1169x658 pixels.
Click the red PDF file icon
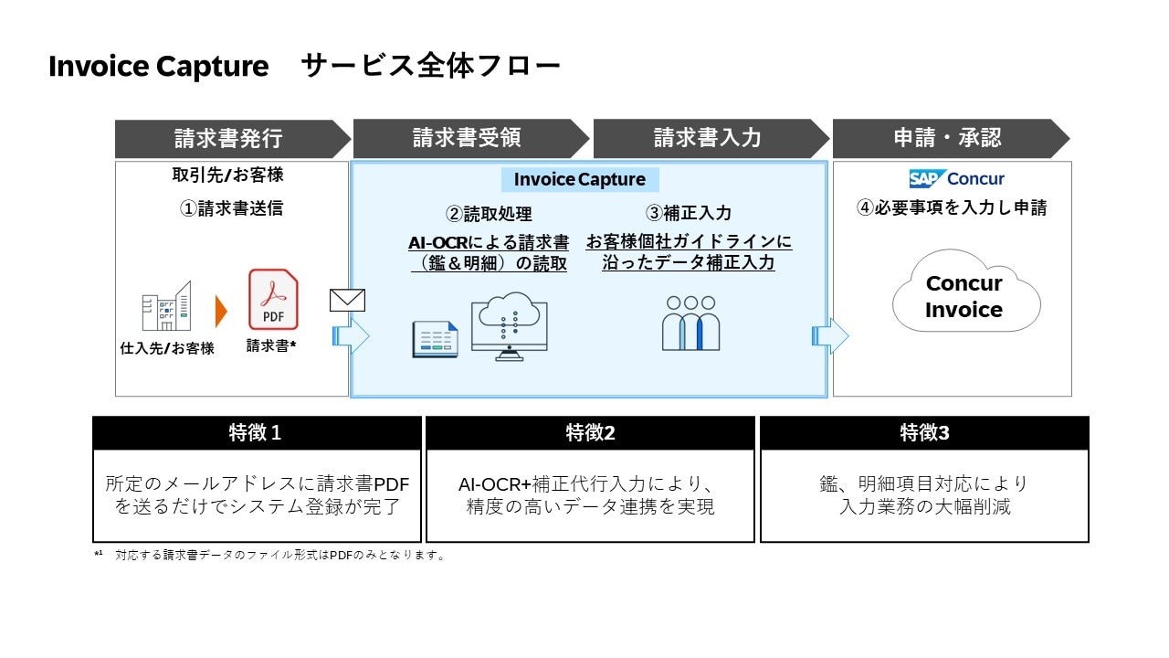click(x=273, y=300)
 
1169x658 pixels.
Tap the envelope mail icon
click(x=347, y=300)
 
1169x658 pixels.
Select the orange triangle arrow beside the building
click(x=220, y=311)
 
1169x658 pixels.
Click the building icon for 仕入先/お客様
click(x=166, y=306)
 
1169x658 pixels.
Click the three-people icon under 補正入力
click(x=690, y=323)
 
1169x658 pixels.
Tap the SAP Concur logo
click(x=956, y=178)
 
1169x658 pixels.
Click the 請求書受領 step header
click(x=467, y=138)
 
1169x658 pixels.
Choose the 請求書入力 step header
click(x=707, y=138)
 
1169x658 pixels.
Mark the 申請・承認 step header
click(x=946, y=138)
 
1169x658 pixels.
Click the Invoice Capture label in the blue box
click(x=579, y=179)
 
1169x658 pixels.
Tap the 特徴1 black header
click(x=257, y=433)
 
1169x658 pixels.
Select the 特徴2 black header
click(x=590, y=433)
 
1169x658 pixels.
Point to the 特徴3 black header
click(x=924, y=433)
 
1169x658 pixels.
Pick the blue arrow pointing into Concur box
click(x=830, y=336)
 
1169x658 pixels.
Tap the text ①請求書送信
click(x=231, y=208)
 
